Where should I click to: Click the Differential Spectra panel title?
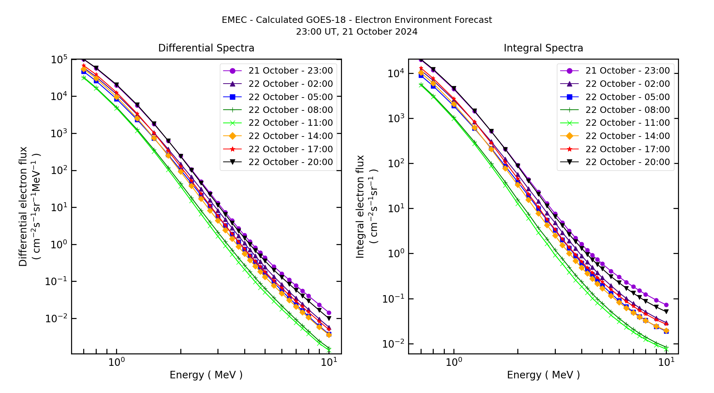tap(206, 48)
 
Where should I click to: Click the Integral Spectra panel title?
tap(543, 48)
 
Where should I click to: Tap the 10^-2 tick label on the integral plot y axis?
tap(393, 344)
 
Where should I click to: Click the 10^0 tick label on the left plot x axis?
tap(116, 362)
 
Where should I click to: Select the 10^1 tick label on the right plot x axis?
tap(666, 362)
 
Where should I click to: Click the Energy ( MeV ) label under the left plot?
tap(206, 375)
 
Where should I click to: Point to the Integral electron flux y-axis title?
tap(361, 207)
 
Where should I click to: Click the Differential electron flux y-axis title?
tap(24, 207)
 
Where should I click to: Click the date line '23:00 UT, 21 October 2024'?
tap(357, 32)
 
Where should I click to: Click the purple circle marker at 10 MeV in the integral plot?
tap(666, 305)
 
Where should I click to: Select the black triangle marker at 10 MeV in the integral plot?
tap(666, 312)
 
